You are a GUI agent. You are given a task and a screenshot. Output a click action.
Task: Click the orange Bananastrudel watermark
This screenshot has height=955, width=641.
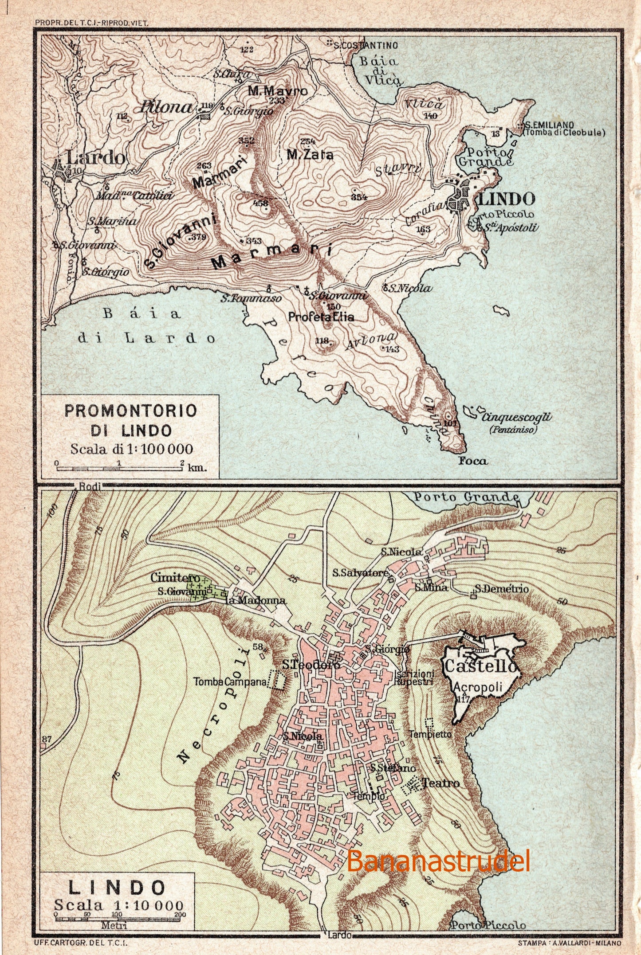click(x=438, y=861)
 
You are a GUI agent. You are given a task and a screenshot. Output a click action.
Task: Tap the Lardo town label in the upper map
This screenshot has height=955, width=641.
click(x=95, y=157)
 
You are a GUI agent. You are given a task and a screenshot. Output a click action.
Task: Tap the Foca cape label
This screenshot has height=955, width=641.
click(x=473, y=461)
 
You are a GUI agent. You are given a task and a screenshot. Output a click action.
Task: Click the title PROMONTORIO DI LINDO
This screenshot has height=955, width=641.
click(x=131, y=420)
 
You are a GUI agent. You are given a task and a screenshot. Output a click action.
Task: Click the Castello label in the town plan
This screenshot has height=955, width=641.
click(x=480, y=666)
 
